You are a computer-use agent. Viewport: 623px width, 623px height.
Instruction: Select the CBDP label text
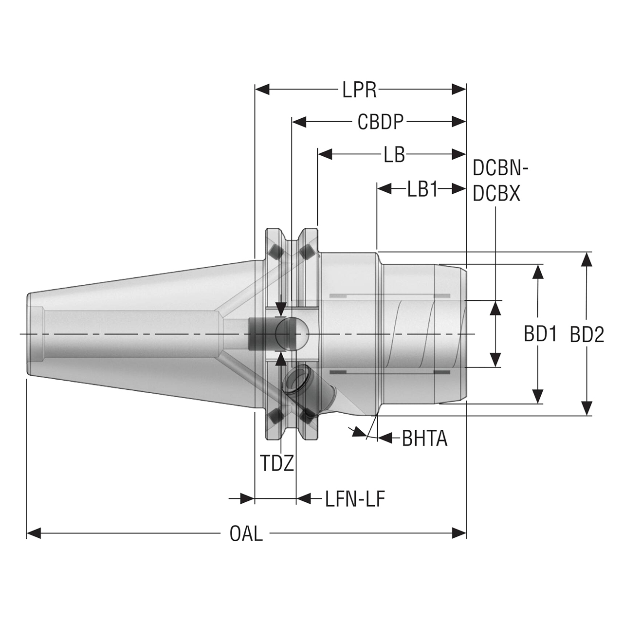[x=381, y=122]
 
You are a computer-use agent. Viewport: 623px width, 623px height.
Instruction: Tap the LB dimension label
[x=394, y=155]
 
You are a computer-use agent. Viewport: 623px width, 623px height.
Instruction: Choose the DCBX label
[x=496, y=194]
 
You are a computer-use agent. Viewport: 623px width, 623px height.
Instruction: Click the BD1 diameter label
[x=540, y=334]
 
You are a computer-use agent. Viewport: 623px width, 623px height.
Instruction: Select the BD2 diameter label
[x=587, y=334]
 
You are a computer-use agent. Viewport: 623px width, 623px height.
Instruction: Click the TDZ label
[x=277, y=463]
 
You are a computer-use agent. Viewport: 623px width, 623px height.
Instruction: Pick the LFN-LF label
[x=355, y=499]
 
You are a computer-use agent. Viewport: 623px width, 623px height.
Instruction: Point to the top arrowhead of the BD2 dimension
[x=587, y=258]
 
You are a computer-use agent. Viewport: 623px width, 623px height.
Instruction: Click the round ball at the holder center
[x=292, y=334]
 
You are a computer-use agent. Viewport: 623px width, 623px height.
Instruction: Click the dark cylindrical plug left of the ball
[x=260, y=334]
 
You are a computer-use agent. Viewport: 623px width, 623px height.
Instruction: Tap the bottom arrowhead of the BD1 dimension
[x=538, y=397]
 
